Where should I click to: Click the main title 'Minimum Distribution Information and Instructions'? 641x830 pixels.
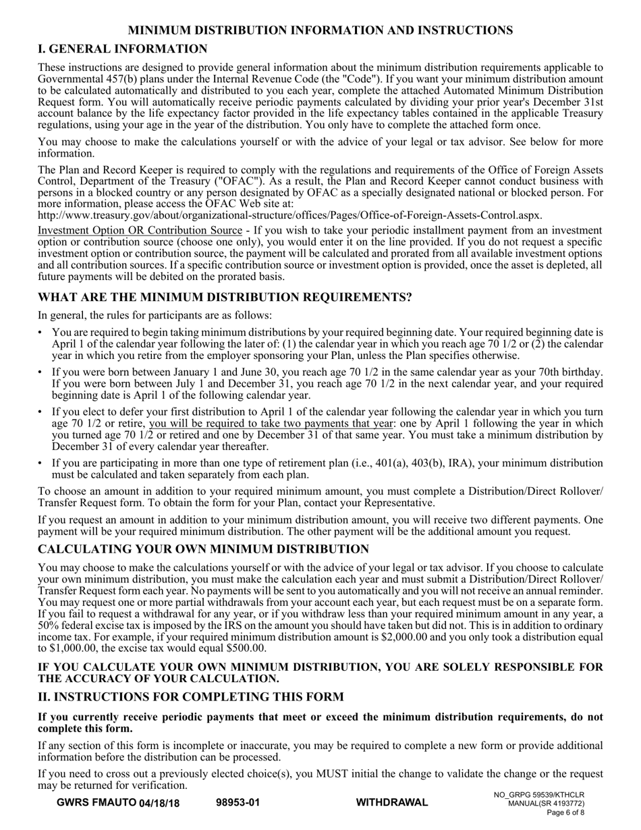[x=320, y=30]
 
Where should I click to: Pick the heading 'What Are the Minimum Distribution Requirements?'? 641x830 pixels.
[x=225, y=298]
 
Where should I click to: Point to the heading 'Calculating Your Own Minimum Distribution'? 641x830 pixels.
[x=203, y=549]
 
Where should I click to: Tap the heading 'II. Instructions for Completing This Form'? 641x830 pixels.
[x=191, y=696]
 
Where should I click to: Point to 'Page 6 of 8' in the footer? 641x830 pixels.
[x=565, y=813]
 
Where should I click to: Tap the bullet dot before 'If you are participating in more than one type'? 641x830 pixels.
[x=40, y=464]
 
